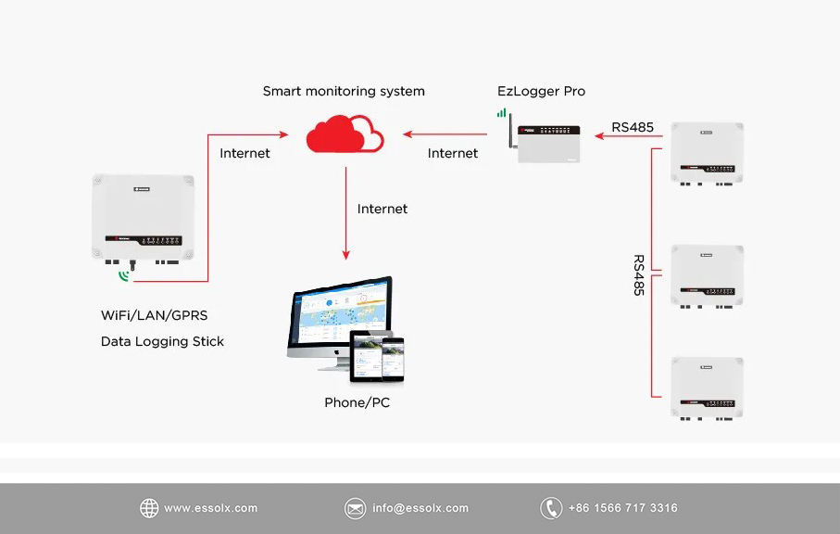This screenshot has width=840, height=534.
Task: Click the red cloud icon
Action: pyautogui.click(x=345, y=135)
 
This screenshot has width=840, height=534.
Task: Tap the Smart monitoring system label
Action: pyautogui.click(x=344, y=91)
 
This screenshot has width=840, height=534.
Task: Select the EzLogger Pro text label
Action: pyautogui.click(x=541, y=91)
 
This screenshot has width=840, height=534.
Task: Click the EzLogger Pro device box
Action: pyautogui.click(x=550, y=144)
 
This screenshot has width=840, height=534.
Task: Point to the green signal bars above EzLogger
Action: pyautogui.click(x=502, y=112)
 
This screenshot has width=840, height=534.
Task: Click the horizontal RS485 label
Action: pyautogui.click(x=633, y=127)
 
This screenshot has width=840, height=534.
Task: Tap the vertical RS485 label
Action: pyautogui.click(x=638, y=275)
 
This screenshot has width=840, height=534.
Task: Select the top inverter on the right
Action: pyautogui.click(x=707, y=152)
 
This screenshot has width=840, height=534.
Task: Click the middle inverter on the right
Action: pyautogui.click(x=707, y=274)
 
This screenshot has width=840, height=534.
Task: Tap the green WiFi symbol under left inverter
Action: pyautogui.click(x=124, y=275)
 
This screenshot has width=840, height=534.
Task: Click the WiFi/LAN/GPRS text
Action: pyautogui.click(x=154, y=315)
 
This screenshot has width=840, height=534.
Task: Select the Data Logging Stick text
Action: pyautogui.click(x=162, y=341)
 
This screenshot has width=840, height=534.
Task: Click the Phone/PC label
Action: pyautogui.click(x=357, y=402)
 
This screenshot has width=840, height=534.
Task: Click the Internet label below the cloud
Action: pyautogui.click(x=382, y=209)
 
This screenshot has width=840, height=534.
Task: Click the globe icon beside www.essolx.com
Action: pyautogui.click(x=149, y=508)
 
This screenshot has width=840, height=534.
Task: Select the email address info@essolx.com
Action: pyautogui.click(x=420, y=508)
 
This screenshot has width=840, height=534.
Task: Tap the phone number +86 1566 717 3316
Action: pyautogui.click(x=622, y=508)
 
